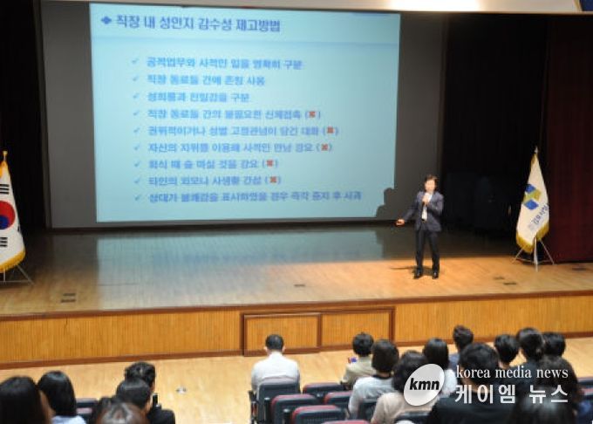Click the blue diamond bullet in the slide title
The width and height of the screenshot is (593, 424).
coord(106,20)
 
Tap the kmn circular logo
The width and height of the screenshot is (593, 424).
coord(424,384)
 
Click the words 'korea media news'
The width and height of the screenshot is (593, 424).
coord(511,373)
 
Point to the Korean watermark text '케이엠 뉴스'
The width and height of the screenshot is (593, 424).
coord(511,394)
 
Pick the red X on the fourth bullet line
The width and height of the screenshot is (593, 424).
coord(312,114)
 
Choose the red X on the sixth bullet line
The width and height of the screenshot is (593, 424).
coord(324,147)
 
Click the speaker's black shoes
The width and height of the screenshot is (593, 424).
coord(426,274)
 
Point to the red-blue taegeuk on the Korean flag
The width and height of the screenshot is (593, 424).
coord(4,215)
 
